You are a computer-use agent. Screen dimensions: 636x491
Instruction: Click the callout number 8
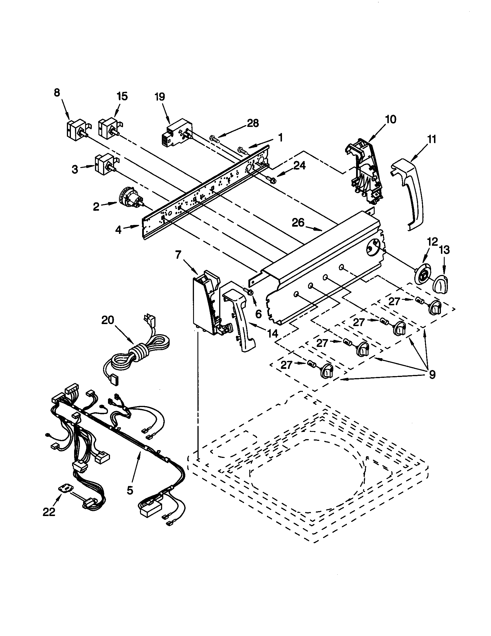[57, 93]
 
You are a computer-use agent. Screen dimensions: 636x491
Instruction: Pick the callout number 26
[298, 223]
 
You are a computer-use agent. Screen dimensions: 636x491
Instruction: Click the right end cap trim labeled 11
[409, 192]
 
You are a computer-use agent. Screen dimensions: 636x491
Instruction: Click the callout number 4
[118, 230]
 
